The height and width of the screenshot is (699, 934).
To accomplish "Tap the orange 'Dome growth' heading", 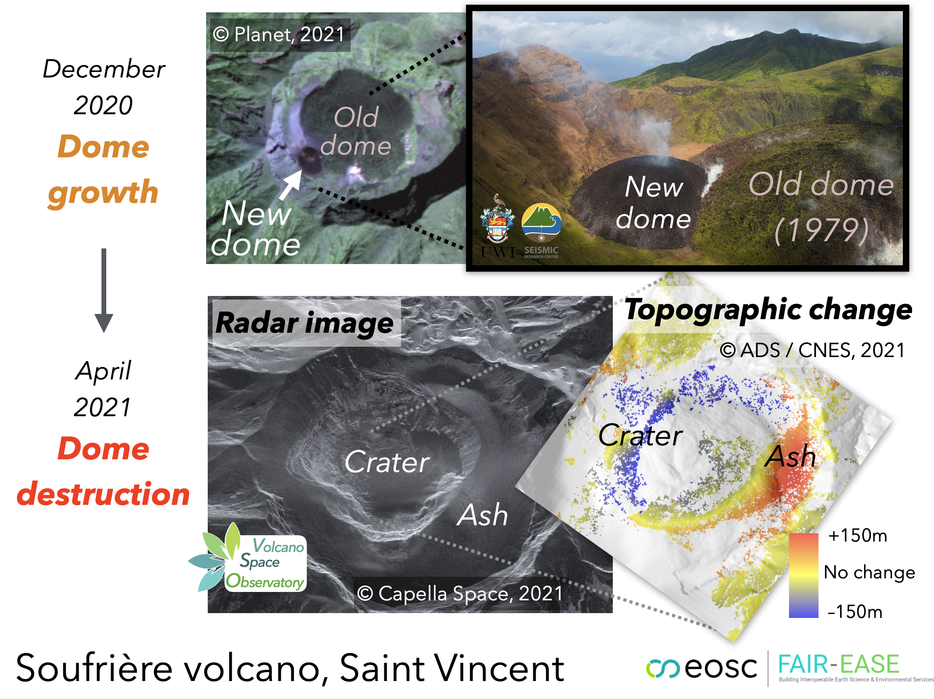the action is pos(103,169).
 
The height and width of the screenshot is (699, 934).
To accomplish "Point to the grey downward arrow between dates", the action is pos(103,290).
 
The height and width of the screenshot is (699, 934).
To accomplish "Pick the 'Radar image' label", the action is pos(304,323).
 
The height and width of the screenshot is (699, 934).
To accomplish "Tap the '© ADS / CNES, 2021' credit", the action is pos(813,350).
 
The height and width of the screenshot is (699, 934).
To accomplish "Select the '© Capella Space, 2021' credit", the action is pos(460,594).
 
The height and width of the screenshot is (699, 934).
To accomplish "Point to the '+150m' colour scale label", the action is pos(858,535).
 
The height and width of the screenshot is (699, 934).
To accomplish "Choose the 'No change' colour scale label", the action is pos(869,572).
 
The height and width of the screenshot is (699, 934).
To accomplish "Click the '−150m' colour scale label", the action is pos(855,611).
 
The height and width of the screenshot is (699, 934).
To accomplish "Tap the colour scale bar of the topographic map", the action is pos(803,575).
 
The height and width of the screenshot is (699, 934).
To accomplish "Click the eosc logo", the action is pos(702,667).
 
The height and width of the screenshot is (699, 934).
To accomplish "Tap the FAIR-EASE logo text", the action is pos(839,664).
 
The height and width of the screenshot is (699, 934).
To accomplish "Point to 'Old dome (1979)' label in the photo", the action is pos(821,207).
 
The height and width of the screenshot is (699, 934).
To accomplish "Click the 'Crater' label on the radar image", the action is pos(387,462).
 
